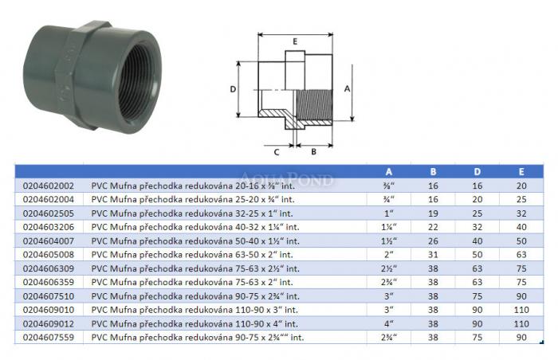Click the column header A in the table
click(x=389, y=172)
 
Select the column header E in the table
click(x=521, y=172)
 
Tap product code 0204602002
click(x=49, y=186)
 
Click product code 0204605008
click(x=49, y=255)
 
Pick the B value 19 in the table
click(x=433, y=213)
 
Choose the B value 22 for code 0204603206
click(x=433, y=227)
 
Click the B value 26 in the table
click(x=433, y=241)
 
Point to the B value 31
click(x=433, y=255)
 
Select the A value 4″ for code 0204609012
click(x=389, y=323)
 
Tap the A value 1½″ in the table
click(x=389, y=241)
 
